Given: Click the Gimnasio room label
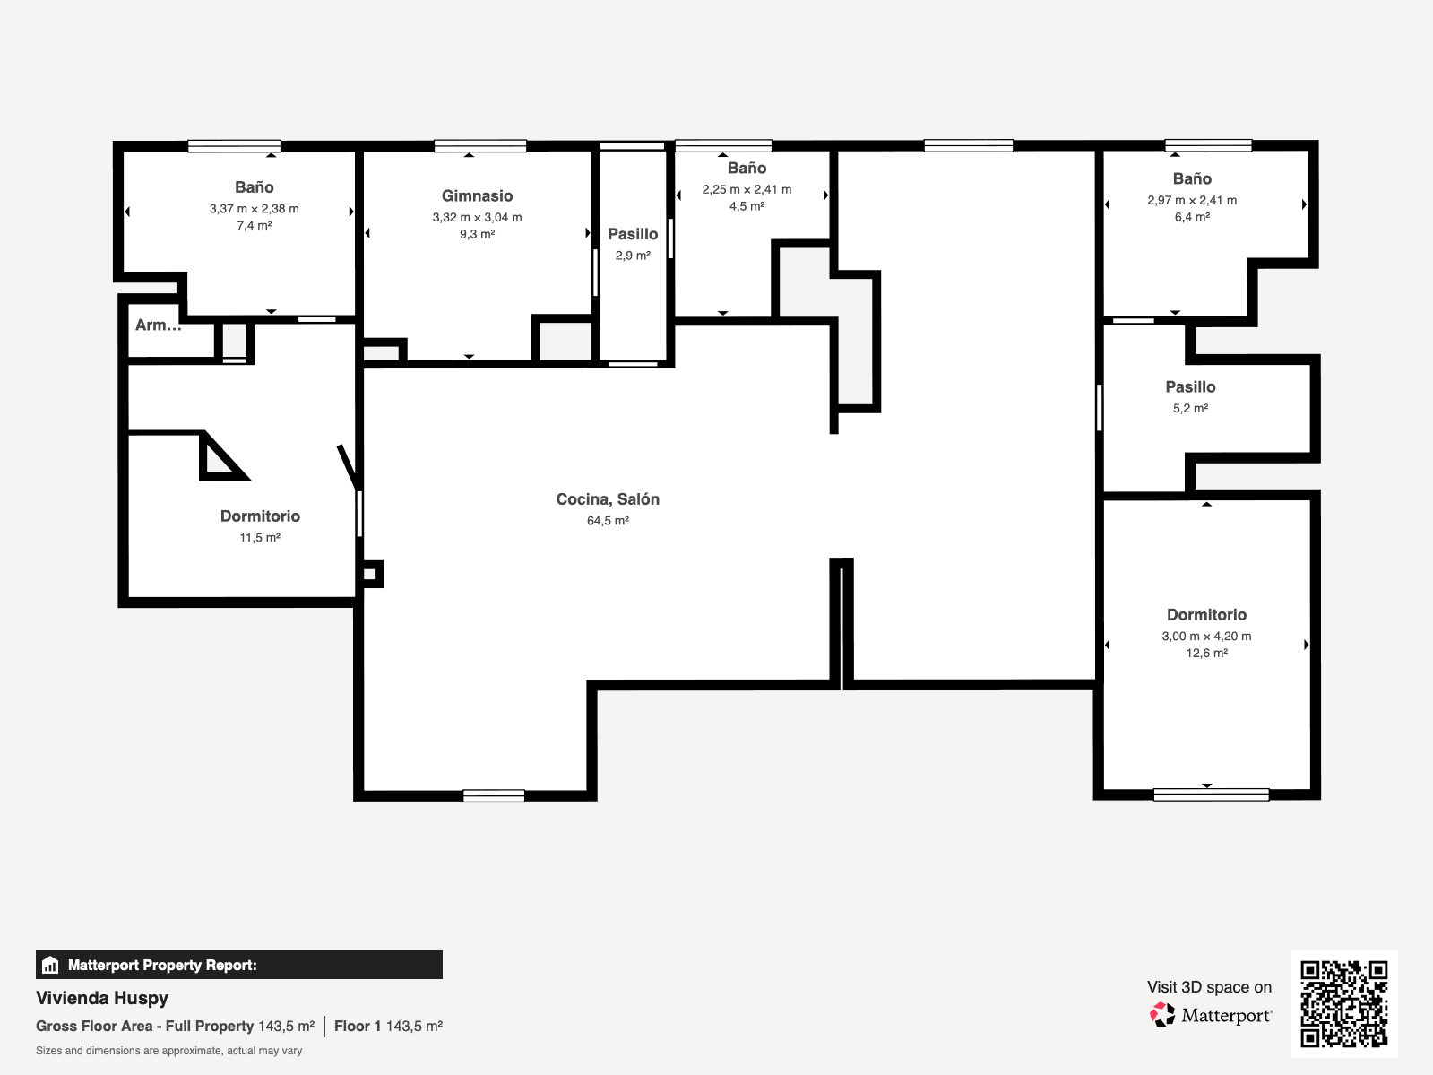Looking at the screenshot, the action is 477,196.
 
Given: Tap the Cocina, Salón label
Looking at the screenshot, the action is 607,499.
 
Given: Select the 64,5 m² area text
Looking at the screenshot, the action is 607,521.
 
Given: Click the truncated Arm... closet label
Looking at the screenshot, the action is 158,325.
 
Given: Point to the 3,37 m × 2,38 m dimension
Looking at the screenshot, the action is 254,209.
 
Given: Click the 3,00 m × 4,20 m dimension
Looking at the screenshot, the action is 1205,636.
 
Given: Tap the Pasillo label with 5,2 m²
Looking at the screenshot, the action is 1190,387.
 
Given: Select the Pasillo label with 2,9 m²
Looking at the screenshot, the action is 633,235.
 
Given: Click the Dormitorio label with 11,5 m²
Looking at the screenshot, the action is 260,516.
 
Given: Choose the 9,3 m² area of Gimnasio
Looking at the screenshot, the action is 477,234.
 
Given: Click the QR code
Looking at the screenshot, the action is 1343,1003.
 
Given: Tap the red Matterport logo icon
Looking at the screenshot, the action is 1161,1014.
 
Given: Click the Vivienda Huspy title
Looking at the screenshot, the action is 102,998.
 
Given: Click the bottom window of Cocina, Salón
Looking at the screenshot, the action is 494,795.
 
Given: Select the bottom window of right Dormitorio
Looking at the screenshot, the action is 1211,794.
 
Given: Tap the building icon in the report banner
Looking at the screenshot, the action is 50,965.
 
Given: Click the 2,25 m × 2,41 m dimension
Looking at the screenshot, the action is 747,189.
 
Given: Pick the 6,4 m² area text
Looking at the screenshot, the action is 1191,217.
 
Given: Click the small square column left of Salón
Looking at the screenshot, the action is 371,574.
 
